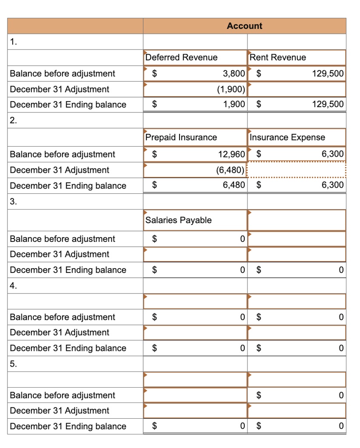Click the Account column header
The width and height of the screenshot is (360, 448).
pyautogui.click(x=244, y=26)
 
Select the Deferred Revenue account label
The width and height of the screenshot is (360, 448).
pyautogui.click(x=181, y=57)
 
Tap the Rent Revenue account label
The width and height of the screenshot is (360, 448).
pyautogui.click(x=278, y=57)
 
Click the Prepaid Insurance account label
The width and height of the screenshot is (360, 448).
pyautogui.click(x=181, y=137)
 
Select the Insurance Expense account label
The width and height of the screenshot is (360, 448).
pyautogui.click(x=287, y=137)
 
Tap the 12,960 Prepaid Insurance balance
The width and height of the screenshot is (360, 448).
pyautogui.click(x=231, y=154)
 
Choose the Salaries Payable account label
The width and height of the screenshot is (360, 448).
pyautogui.click(x=178, y=220)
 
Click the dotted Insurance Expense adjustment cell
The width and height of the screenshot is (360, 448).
pyautogui.click(x=297, y=170)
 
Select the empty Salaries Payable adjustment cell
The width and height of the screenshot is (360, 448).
pyautogui.click(x=195, y=254)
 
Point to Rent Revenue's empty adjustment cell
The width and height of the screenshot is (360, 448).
pyautogui.click(x=297, y=89)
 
